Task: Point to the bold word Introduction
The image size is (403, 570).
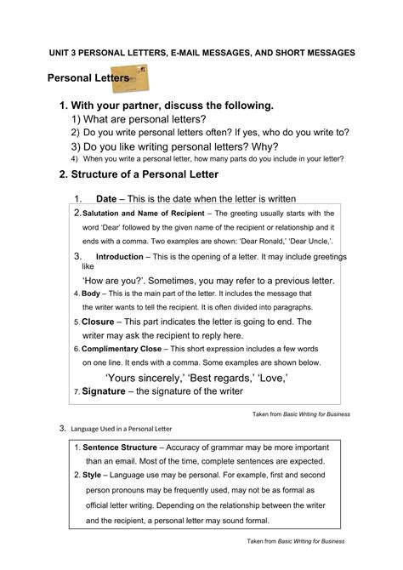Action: pyautogui.click(x=120, y=256)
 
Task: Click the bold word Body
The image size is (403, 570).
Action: pyautogui.click(x=90, y=294)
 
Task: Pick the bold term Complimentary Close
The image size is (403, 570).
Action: pyautogui.click(x=124, y=349)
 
